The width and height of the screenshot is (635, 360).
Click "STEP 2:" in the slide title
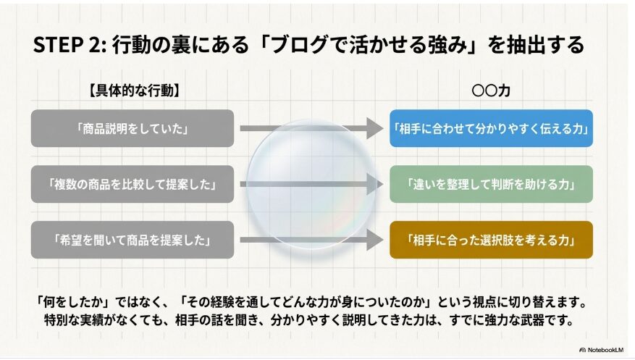(x=70, y=45)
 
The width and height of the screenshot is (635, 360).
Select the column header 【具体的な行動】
(x=134, y=91)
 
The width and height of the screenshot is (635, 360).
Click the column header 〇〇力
(x=491, y=91)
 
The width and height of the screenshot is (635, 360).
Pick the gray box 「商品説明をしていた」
(x=133, y=128)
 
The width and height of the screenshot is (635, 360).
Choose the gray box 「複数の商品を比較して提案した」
(x=133, y=184)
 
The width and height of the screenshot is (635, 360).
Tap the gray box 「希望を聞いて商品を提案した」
(x=133, y=240)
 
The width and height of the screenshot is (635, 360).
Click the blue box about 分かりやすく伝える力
(x=491, y=128)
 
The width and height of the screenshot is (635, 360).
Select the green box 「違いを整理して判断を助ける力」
(x=491, y=184)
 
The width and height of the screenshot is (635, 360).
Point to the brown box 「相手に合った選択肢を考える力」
(x=491, y=240)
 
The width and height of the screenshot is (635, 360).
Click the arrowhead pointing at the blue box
(x=374, y=128)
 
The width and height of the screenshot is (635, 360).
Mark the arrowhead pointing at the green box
(x=374, y=184)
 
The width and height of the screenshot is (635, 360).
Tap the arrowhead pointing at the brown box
(x=374, y=240)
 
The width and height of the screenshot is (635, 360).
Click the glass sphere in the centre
(x=311, y=184)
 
